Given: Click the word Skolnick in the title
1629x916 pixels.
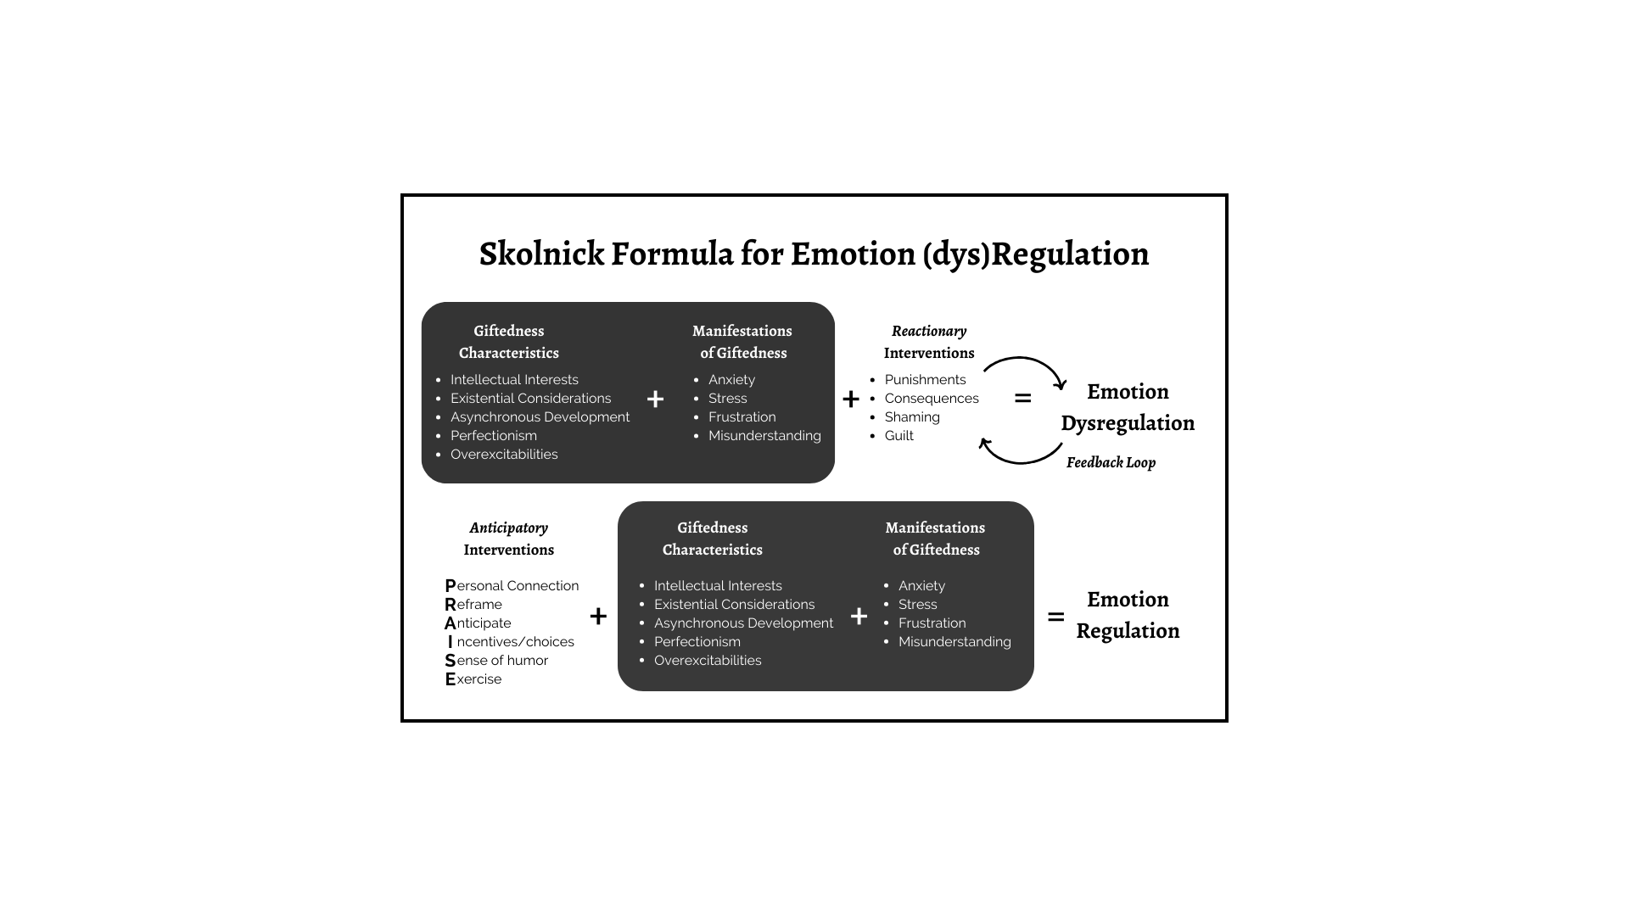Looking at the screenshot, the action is coord(541,254).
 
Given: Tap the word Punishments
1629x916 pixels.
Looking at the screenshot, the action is coord(925,380).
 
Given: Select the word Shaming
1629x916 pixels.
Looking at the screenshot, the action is coord(912,417).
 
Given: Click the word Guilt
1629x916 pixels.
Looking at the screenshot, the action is coord(899,436).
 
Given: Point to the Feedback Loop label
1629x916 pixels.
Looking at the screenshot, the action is coord(1111,462).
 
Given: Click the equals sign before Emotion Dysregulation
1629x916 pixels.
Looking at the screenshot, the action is coord(1023,398).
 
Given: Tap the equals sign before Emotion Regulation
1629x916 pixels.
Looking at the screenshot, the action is coord(1055,617).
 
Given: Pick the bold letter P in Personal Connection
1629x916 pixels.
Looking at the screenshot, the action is coord(451,586).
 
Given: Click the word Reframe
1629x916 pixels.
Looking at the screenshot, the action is coord(473,605).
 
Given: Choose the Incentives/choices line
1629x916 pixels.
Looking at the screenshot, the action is coord(511,642).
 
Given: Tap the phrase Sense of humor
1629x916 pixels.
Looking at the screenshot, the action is coord(496,661).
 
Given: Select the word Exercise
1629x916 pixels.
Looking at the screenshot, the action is coord(473,679).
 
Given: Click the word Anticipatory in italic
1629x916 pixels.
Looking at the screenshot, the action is coord(509,528).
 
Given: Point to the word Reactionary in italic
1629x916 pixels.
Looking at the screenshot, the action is coord(929,332).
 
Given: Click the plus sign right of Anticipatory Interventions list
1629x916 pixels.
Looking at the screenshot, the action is coord(598,616).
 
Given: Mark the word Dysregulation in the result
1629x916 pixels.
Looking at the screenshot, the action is coord(1128,423).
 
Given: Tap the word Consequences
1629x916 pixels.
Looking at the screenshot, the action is coord(932,399).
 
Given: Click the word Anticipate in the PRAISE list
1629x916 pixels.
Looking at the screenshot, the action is coord(478,623).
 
